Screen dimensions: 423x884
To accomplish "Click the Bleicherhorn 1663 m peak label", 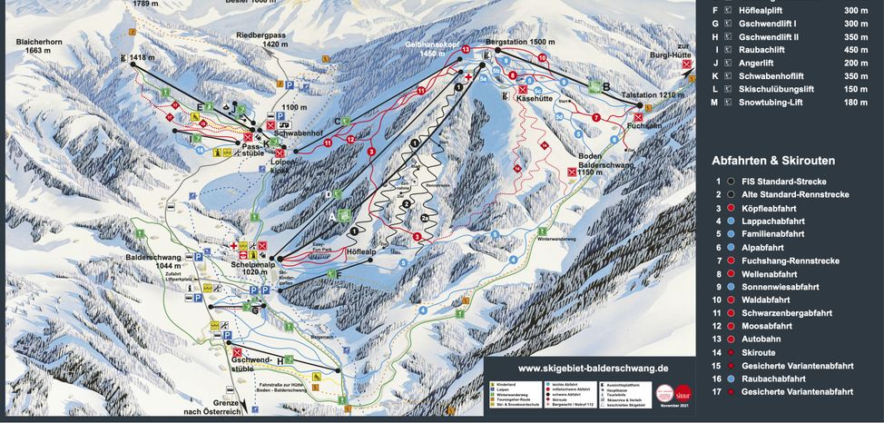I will click(x=37, y=46).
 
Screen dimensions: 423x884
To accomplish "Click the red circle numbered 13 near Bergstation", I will click(x=466, y=49).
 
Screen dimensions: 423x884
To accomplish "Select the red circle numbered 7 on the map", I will click(x=595, y=118).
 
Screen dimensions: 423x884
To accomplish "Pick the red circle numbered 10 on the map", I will click(x=542, y=58).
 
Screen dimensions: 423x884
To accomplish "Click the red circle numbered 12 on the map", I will click(x=350, y=139).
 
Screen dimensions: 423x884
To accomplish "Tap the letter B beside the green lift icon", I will click(x=606, y=87).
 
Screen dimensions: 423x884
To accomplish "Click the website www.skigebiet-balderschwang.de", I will click(x=593, y=369).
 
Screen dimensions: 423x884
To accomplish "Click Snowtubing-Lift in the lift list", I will click(x=778, y=103).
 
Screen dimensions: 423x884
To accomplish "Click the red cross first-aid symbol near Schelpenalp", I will click(x=233, y=246).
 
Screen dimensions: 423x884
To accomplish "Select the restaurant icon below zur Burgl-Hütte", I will click(x=688, y=64).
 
